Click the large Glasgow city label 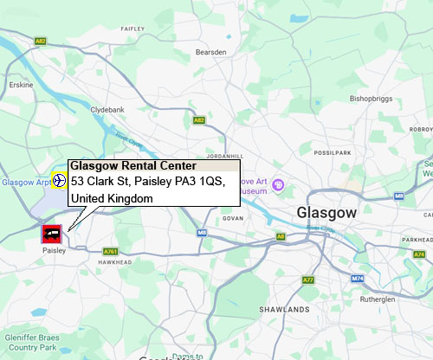click(x=326, y=213)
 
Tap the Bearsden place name click(x=211, y=52)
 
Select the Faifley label click(x=133, y=29)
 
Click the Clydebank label click(x=108, y=111)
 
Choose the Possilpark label click(x=333, y=152)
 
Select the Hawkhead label click(x=114, y=261)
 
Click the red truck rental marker click(x=51, y=233)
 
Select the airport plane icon click(x=59, y=181)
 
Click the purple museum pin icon click(x=279, y=184)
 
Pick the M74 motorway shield click(x=359, y=278)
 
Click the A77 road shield click(x=308, y=280)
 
